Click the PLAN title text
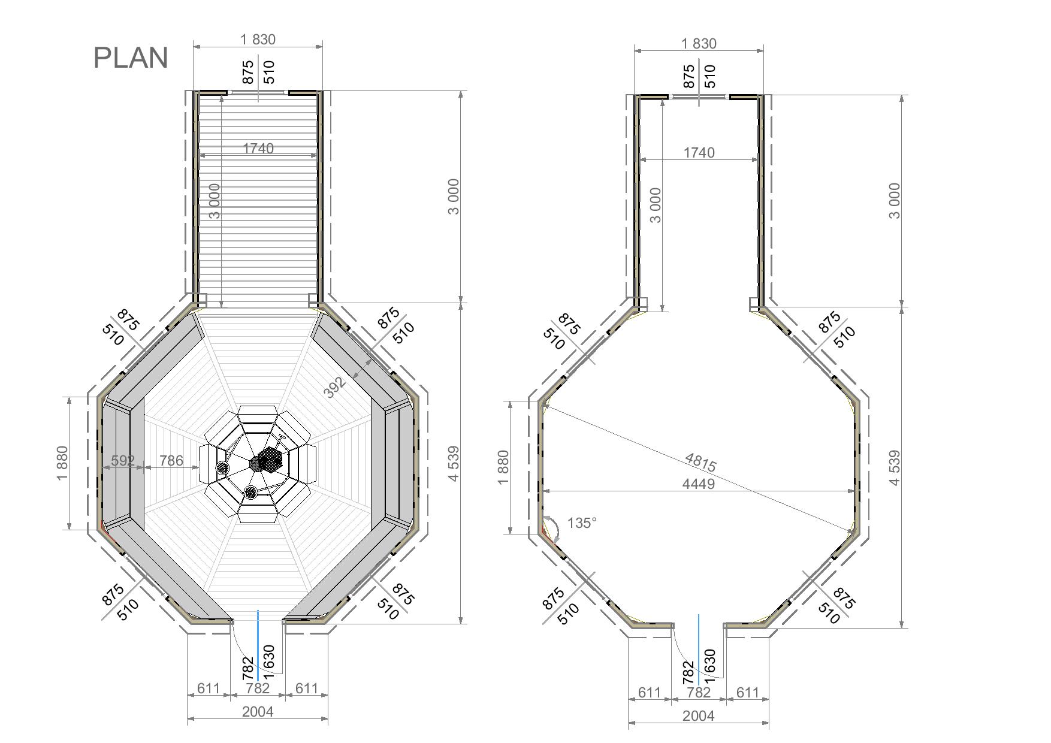point(131,58)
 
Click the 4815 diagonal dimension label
point(700,462)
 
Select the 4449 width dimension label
point(699,484)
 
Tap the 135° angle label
point(582,523)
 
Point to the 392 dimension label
point(335,387)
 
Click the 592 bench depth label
point(123,460)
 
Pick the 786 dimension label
point(171,460)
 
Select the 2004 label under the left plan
point(258,711)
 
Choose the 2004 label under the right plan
point(699,715)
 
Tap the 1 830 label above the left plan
point(258,40)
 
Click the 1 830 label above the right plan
point(699,44)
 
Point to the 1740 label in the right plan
point(699,153)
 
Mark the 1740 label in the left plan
point(258,148)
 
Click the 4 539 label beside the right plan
point(894,468)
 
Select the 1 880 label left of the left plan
point(62,463)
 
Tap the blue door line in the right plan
point(699,650)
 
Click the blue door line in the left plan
point(258,645)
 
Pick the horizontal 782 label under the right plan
point(699,693)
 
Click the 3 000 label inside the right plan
point(656,205)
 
